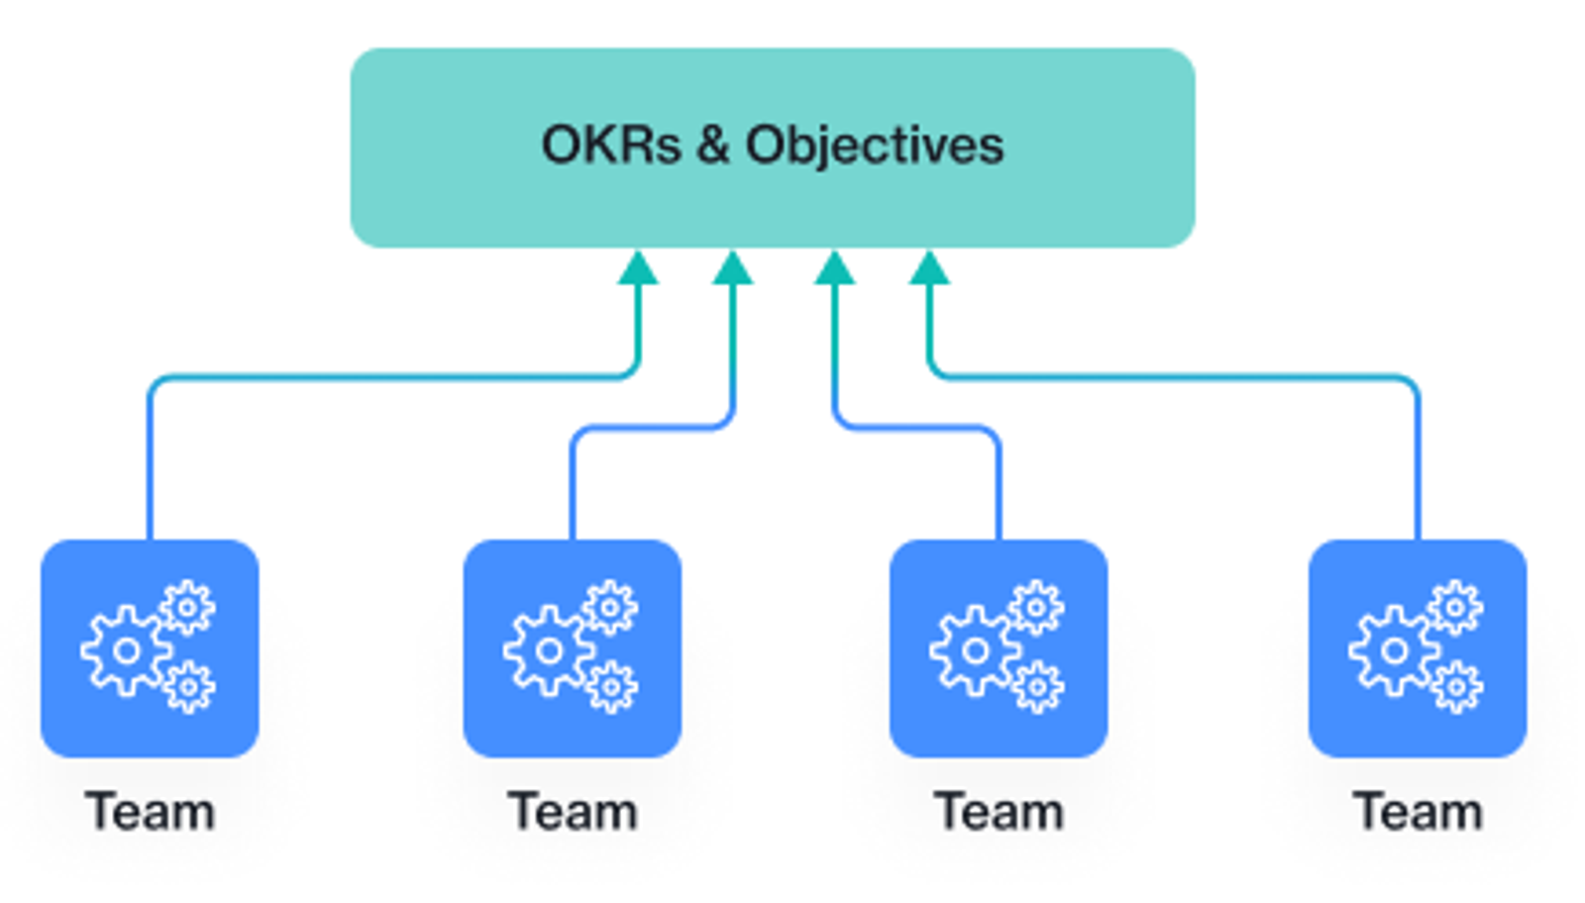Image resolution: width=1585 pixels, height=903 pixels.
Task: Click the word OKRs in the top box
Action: (611, 145)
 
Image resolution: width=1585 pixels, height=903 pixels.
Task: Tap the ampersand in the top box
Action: (713, 145)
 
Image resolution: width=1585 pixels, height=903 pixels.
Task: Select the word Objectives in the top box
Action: (875, 147)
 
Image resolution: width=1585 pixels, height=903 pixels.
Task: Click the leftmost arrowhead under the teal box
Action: (638, 268)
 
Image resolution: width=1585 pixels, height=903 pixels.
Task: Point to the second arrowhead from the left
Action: (732, 268)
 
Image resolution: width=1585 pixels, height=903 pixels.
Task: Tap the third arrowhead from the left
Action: (835, 268)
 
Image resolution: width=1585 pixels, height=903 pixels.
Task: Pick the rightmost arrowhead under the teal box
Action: (929, 268)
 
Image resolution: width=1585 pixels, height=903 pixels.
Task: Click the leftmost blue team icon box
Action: (150, 649)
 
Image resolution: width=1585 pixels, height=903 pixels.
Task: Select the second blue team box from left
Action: (573, 649)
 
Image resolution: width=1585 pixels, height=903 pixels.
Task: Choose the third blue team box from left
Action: (999, 649)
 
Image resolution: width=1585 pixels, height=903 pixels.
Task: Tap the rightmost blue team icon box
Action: (1418, 649)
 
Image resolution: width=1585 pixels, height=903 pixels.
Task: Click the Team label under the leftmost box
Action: (150, 811)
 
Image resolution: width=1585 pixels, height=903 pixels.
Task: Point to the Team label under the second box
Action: (573, 811)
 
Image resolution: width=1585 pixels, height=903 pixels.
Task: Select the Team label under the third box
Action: (999, 811)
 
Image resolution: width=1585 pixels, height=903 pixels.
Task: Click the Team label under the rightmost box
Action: (1418, 811)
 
